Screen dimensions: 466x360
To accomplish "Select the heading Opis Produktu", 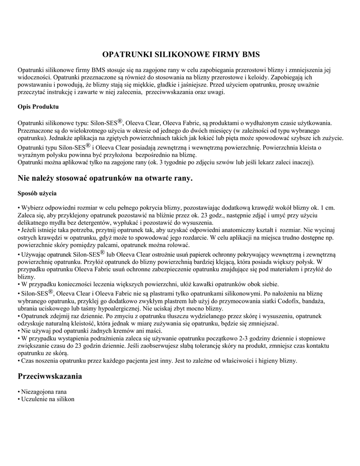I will [x=38, y=106].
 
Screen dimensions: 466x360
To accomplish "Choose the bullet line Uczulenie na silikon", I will [x=46, y=399].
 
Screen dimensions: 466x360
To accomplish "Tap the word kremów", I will [x=112, y=331].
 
